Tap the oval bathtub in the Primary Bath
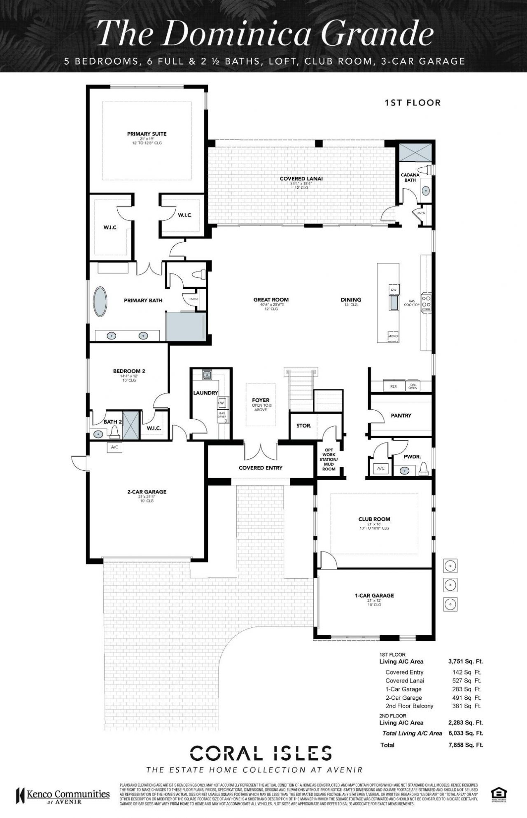tap(101, 301)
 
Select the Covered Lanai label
tap(301, 179)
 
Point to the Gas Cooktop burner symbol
tap(426, 302)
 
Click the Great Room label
tap(271, 300)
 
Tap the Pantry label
tap(401, 416)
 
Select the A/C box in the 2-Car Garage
tap(114, 447)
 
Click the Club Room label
tap(374, 519)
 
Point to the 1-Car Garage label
tap(374, 596)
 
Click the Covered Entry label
tap(261, 468)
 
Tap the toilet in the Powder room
tap(424, 468)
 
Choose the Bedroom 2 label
tap(129, 371)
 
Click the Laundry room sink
tap(207, 374)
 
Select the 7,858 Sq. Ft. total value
tap(466, 745)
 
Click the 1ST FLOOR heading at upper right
tap(413, 103)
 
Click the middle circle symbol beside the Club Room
tap(451, 584)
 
